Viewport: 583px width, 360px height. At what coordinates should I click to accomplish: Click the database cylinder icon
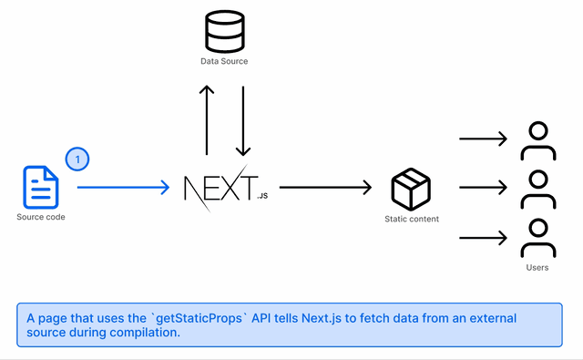[x=224, y=31]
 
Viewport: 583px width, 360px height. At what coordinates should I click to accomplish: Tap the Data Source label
[x=224, y=61]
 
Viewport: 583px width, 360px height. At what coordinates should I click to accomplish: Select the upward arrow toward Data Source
[x=207, y=121]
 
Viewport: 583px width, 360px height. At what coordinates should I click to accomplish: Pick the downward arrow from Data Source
[x=242, y=121]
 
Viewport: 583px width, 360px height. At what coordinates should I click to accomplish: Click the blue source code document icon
[x=41, y=187]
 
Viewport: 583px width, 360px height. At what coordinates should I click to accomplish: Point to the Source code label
[x=41, y=217]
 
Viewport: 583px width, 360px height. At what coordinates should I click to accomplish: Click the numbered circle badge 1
[x=77, y=159]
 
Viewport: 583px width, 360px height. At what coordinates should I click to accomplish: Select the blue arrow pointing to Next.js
[x=123, y=188]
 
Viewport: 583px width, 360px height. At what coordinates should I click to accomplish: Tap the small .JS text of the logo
[x=262, y=196]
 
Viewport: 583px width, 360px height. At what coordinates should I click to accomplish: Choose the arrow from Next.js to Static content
[x=325, y=188]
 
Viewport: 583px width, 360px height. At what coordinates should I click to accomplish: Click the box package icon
[x=411, y=188]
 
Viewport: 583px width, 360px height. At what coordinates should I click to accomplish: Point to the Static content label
[x=412, y=219]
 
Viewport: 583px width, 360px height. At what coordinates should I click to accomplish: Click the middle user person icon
[x=537, y=189]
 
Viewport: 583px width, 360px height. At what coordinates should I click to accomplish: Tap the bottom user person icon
[x=537, y=238]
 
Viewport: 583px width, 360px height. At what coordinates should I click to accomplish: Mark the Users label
[x=537, y=267]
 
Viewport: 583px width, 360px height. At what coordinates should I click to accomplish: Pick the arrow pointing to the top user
[x=483, y=139]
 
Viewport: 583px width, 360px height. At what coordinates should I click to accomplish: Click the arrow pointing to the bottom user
[x=483, y=238]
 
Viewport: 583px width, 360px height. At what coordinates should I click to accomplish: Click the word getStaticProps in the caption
[x=201, y=318]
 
